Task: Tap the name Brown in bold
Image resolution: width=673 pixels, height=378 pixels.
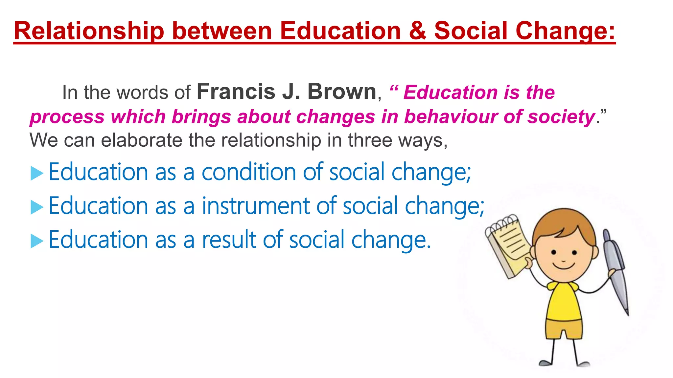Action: (x=342, y=92)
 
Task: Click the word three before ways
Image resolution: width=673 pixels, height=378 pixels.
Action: (x=370, y=140)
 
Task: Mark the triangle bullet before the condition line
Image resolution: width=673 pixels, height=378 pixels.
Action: (x=37, y=173)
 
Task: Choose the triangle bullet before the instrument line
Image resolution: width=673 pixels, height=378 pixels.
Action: (x=37, y=207)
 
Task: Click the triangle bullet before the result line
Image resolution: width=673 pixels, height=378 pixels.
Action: (x=37, y=241)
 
